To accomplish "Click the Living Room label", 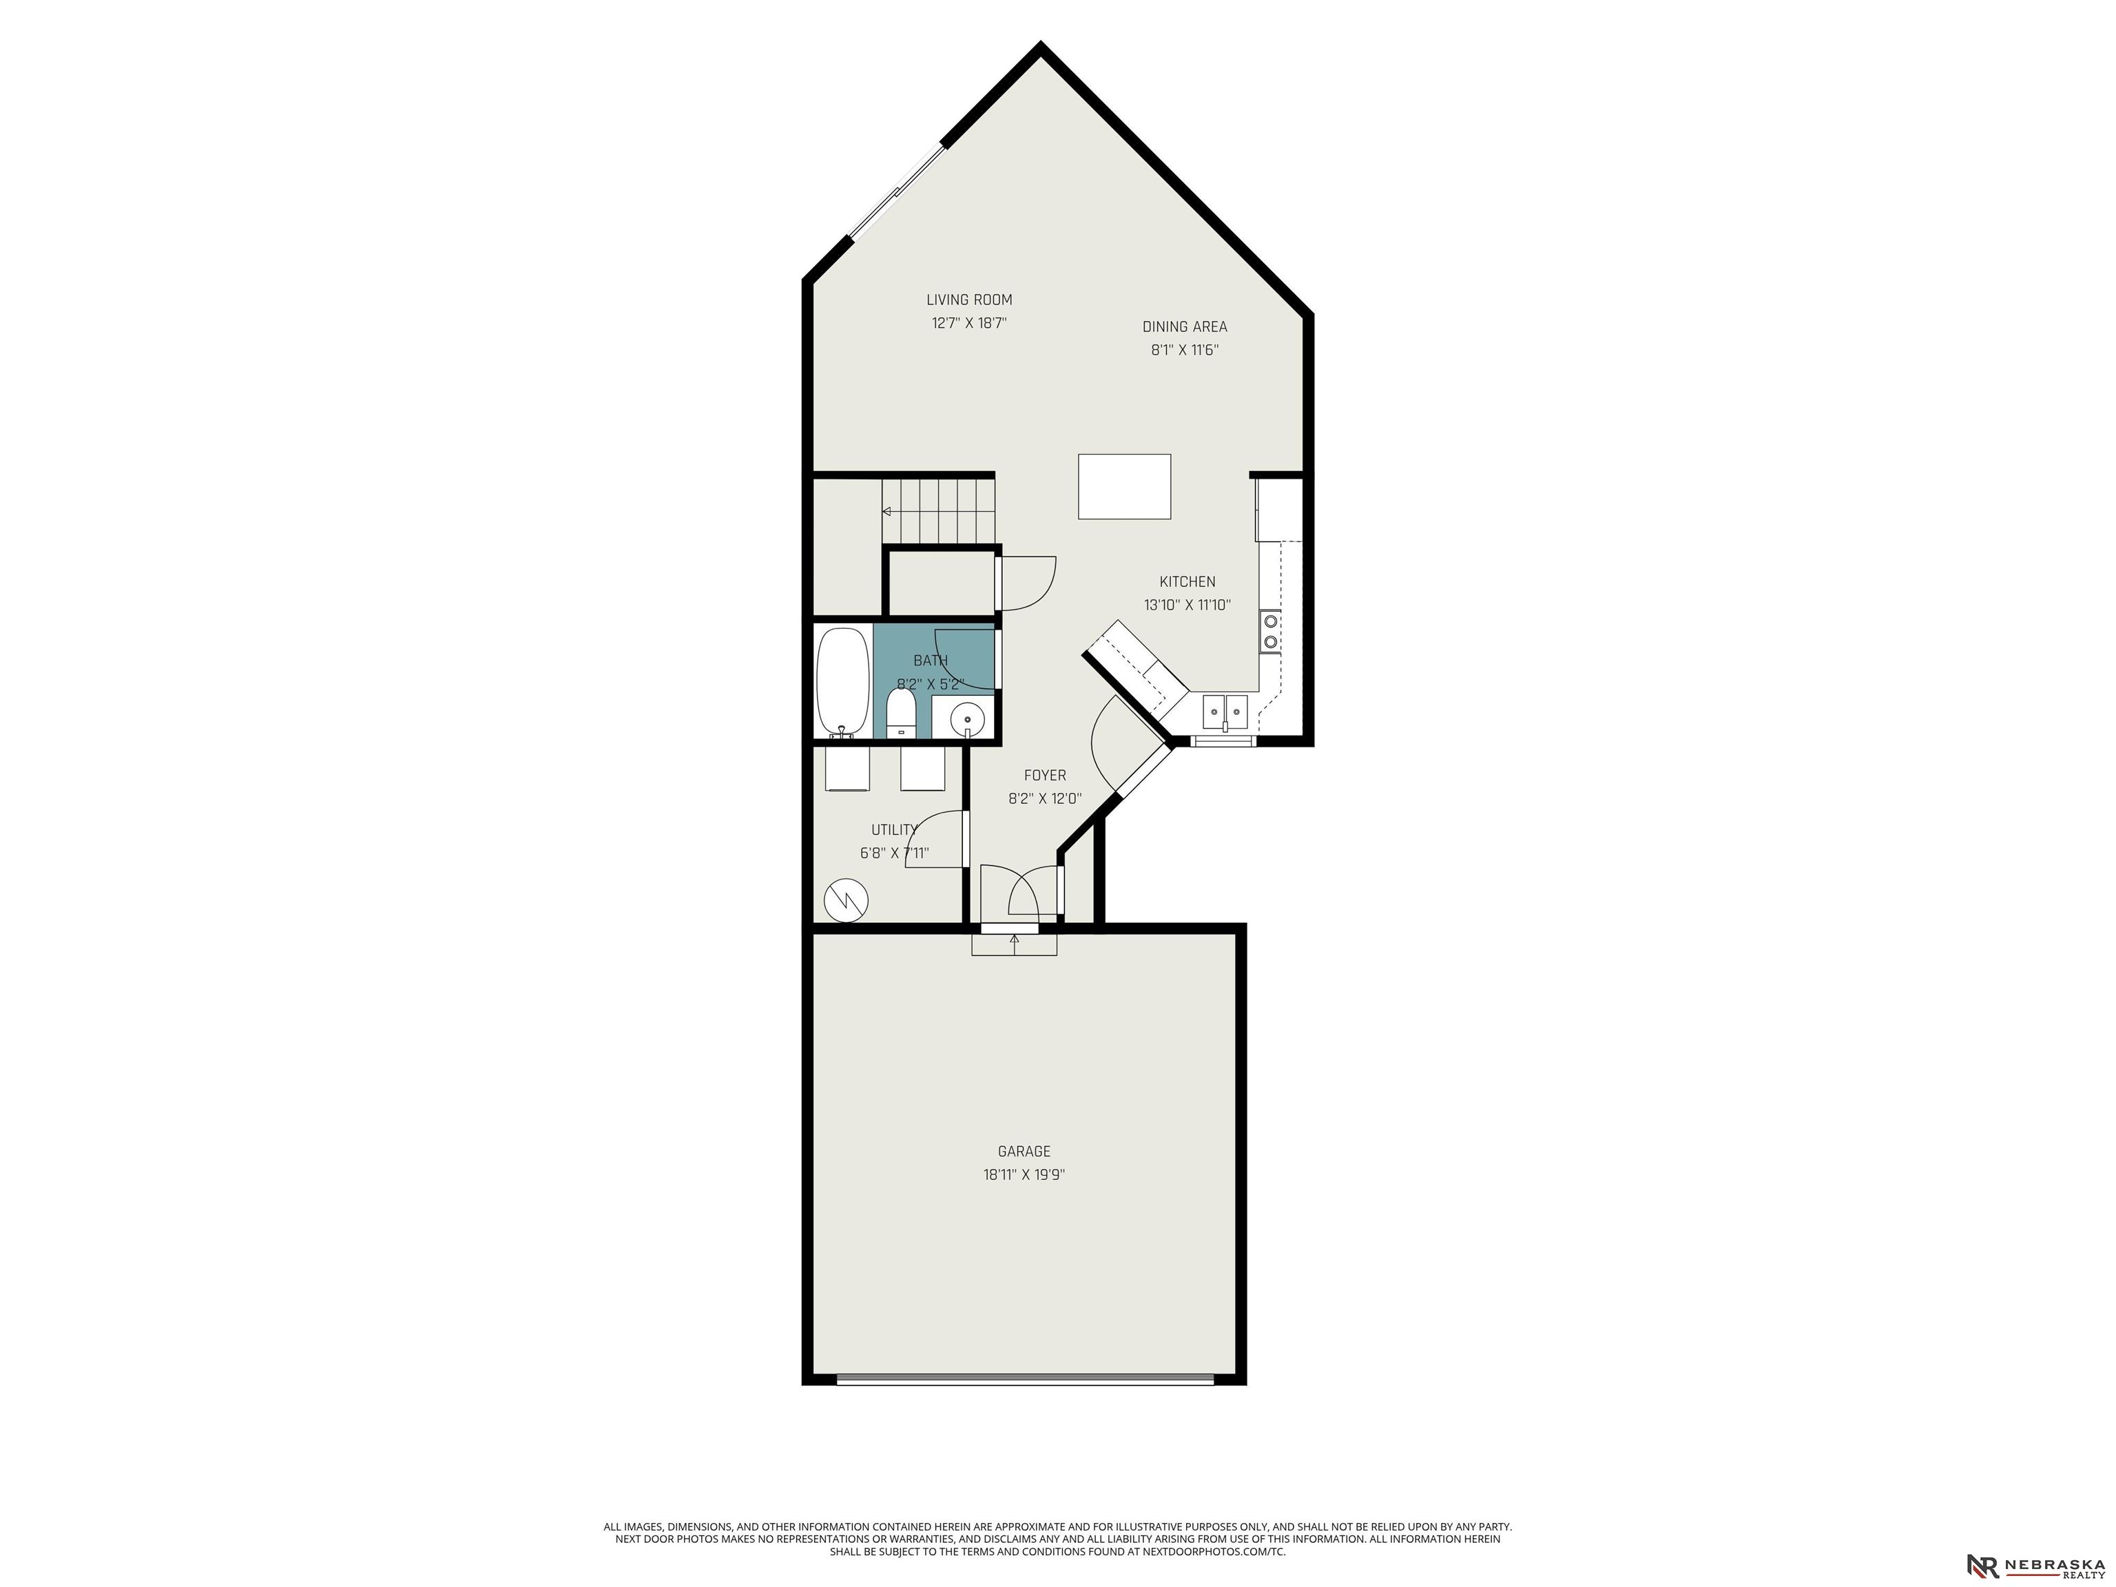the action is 969,300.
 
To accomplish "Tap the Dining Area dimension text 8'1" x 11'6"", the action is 1184,350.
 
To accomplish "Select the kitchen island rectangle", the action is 1124,487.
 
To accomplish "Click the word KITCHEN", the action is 1187,581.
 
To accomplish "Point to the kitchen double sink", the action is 1225,709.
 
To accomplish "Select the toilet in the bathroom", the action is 901,713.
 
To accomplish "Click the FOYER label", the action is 1045,776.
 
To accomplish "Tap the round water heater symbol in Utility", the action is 847,900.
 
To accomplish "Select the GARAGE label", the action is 1024,1152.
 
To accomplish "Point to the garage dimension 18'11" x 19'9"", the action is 1024,1174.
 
